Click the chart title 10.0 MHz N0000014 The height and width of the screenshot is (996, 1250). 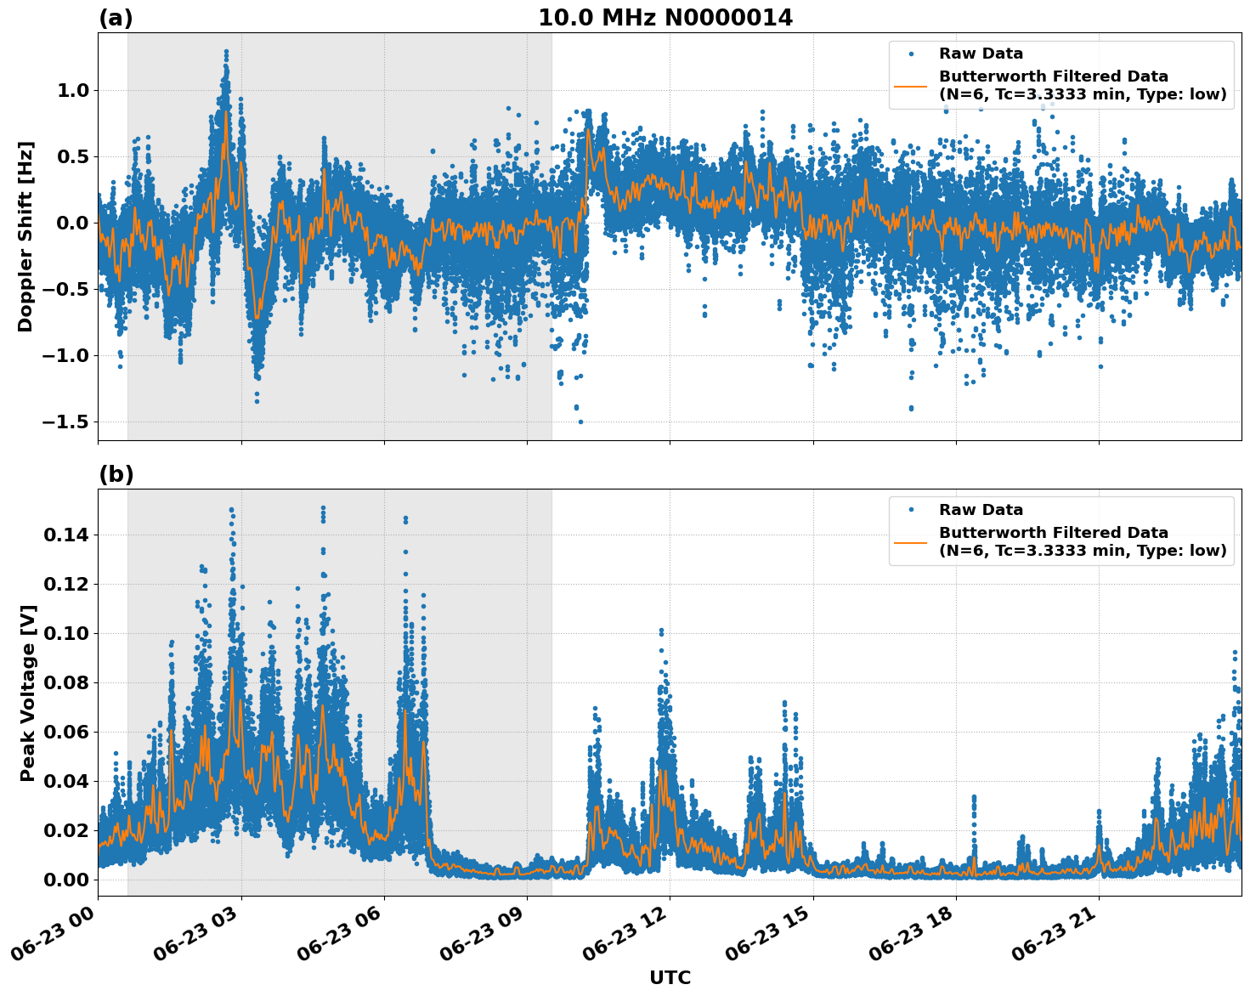pyautogui.click(x=665, y=18)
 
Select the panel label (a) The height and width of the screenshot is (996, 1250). pyautogui.click(x=116, y=18)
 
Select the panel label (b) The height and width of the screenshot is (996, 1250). pyautogui.click(x=116, y=474)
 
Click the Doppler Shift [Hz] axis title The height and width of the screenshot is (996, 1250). pyautogui.click(x=25, y=236)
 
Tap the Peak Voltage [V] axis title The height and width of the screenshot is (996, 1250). pyautogui.click(x=28, y=693)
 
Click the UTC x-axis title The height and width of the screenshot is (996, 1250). pyautogui.click(x=670, y=977)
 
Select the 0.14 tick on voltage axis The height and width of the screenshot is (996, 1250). pyautogui.click(x=67, y=535)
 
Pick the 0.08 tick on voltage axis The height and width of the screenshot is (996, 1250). pyautogui.click(x=67, y=682)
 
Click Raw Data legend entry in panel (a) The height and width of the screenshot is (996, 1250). pyautogui.click(x=981, y=54)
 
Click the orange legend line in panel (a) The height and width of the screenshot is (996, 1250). pyautogui.click(x=910, y=85)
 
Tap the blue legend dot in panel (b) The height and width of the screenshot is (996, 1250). pyautogui.click(x=910, y=510)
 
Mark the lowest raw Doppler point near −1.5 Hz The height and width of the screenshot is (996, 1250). pyautogui.click(x=580, y=422)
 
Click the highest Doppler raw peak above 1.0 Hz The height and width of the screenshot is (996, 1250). pyautogui.click(x=226, y=51)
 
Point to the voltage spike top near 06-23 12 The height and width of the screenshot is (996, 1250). pyautogui.click(x=661, y=630)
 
